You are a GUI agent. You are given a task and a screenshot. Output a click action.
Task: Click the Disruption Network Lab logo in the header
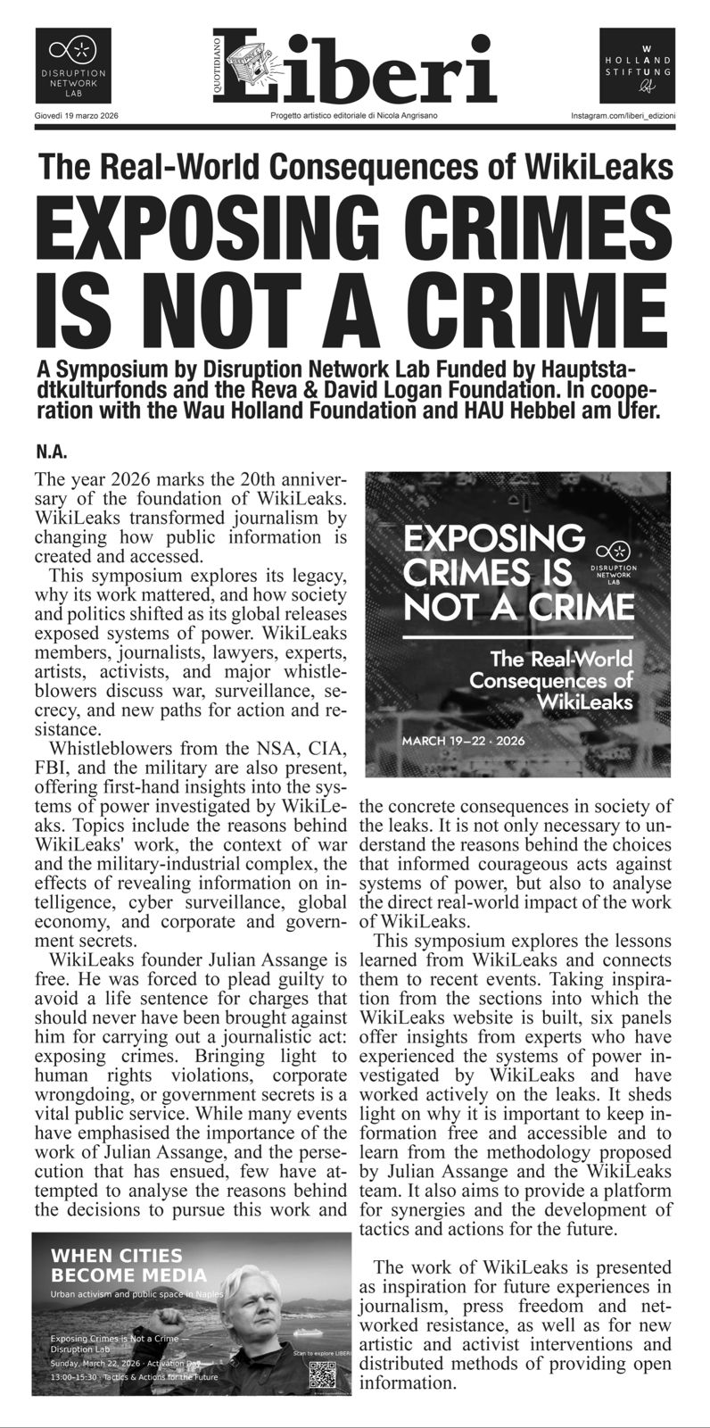coord(73,65)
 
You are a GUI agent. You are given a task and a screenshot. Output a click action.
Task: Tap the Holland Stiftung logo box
coord(636,65)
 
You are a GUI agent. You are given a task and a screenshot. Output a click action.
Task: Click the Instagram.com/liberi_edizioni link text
coord(623,117)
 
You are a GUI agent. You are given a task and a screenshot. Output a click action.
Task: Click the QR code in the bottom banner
coord(322,1375)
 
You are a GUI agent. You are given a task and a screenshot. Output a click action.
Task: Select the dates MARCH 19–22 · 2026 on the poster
coord(463,741)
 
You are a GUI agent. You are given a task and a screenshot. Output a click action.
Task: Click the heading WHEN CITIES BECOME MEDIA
coord(128,1266)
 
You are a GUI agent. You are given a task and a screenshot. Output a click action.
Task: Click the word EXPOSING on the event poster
coord(493,540)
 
